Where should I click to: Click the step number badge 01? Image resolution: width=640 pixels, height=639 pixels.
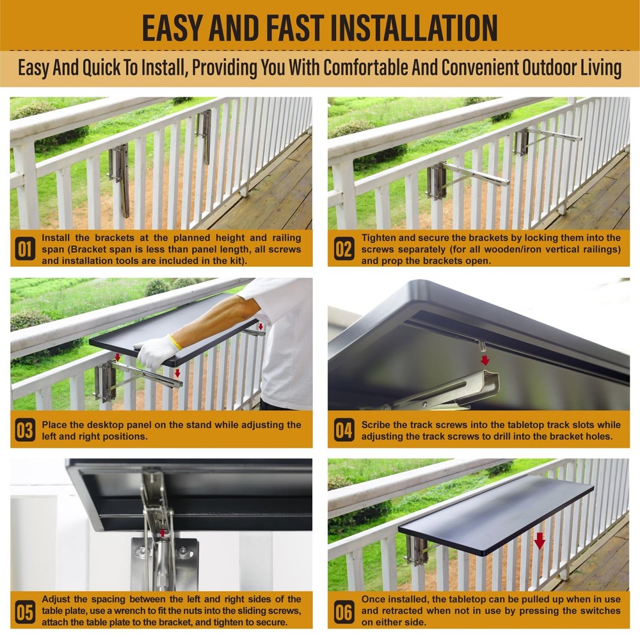(x=25, y=249)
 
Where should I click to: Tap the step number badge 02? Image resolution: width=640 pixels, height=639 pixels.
(x=344, y=249)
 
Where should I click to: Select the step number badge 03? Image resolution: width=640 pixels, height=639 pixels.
(x=25, y=430)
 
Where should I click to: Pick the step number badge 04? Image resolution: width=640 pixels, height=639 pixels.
(x=344, y=430)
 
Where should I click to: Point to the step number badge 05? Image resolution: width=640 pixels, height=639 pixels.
(x=25, y=611)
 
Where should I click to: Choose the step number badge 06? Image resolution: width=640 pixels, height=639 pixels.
(x=344, y=611)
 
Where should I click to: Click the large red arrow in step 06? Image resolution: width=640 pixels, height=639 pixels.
(x=540, y=540)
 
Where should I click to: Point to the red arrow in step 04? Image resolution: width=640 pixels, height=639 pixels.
(x=484, y=360)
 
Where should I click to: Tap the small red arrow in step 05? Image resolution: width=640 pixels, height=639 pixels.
(x=164, y=532)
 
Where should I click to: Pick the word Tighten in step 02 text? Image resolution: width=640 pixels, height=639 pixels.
(x=380, y=238)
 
